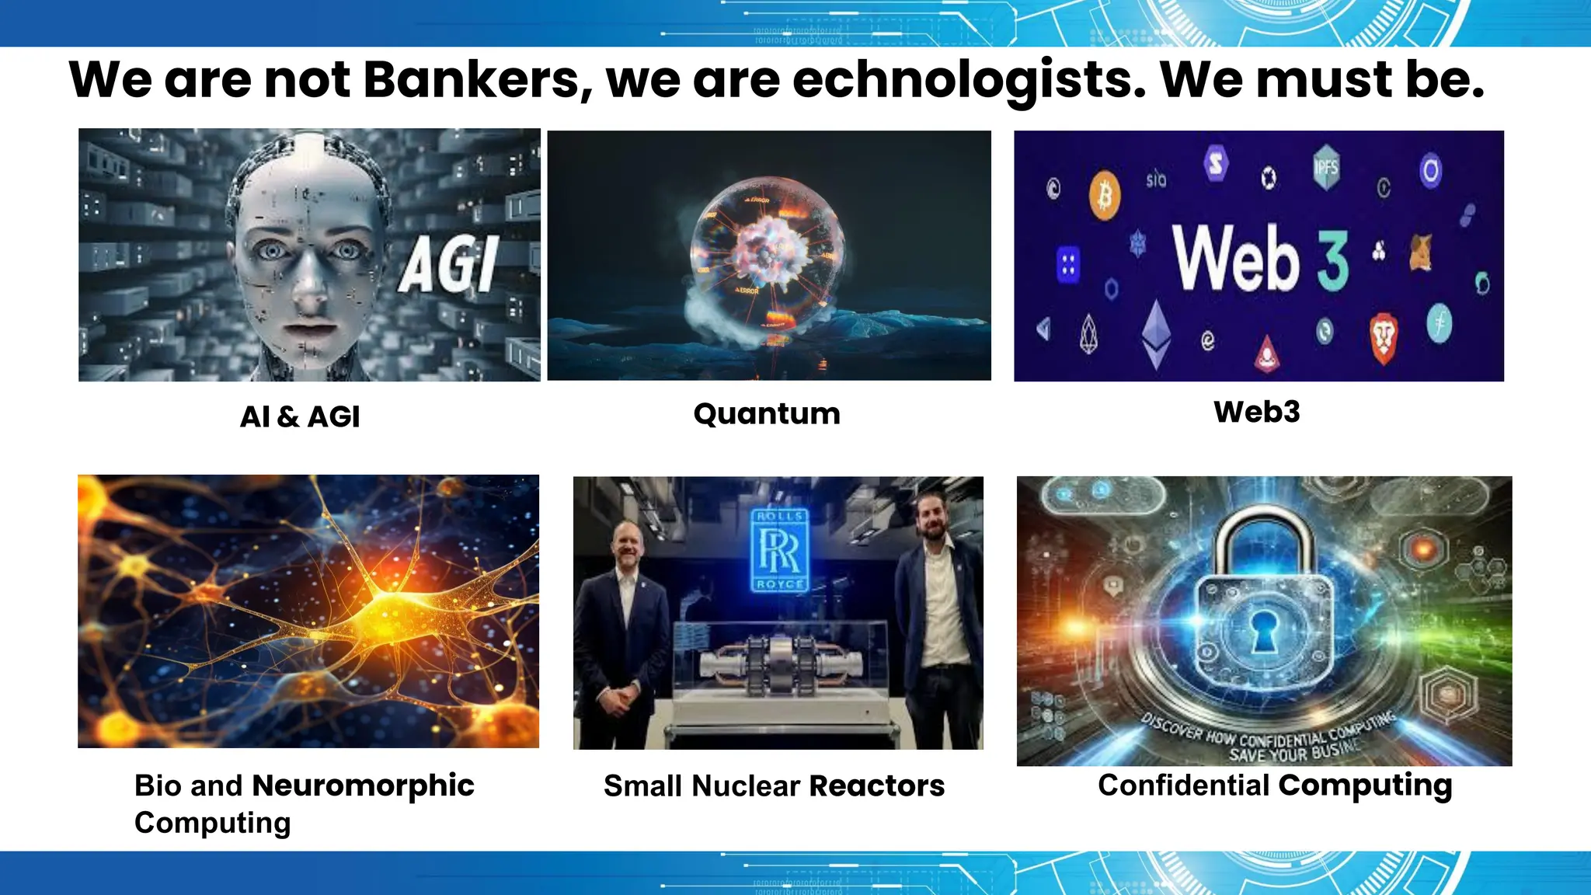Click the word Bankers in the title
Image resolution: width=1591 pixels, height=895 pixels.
[472, 80]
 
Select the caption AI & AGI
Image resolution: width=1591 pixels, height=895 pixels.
[300, 417]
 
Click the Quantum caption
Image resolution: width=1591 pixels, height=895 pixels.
[767, 414]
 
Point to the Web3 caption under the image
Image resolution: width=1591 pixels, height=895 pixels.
[1256, 412]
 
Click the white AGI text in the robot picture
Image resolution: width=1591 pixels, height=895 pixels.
[449, 265]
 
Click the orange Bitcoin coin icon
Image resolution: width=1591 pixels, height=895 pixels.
[1104, 195]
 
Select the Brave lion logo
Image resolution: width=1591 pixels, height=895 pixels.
[1383, 338]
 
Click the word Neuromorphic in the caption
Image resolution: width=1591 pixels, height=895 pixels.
[363, 785]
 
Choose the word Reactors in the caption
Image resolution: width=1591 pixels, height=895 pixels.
[876, 786]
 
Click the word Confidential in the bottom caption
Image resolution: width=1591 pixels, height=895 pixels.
[1183, 785]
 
